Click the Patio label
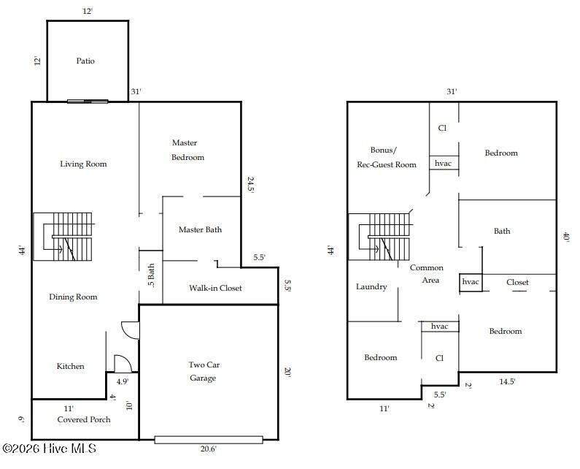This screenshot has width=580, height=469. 85,61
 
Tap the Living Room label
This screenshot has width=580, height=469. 83,164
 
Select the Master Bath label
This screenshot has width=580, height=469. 200,229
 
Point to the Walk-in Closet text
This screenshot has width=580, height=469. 215,288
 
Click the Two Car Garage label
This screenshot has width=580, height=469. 204,371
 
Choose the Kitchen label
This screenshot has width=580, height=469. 70,366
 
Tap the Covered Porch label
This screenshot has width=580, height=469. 84,419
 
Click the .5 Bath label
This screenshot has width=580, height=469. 151,275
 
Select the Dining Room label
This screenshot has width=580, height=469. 73,297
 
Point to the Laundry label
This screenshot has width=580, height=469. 371,287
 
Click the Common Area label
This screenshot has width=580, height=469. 427,274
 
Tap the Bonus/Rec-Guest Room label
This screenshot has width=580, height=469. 387,158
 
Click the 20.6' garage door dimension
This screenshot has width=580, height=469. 208,449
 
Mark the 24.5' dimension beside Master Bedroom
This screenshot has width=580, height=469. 250,186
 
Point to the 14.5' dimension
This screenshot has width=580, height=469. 507,381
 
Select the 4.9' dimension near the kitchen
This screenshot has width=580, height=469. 123,381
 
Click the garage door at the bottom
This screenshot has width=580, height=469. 209,440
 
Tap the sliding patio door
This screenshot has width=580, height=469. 88,101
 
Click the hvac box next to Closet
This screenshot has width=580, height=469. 471,282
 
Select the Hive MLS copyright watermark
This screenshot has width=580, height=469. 49,449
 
